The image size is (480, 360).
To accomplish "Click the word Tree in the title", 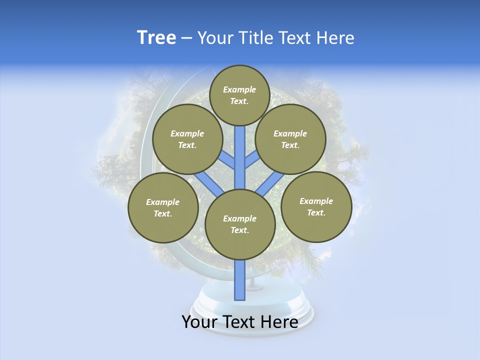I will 156,37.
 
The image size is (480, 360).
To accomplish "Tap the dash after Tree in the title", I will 187,38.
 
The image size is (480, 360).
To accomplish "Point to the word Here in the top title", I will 335,37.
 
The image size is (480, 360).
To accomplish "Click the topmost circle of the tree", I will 239,95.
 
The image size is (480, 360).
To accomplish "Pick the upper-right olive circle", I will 290,139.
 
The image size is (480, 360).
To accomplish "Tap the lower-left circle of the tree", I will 163,207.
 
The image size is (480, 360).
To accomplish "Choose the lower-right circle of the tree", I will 316,206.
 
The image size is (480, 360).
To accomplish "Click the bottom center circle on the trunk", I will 240,224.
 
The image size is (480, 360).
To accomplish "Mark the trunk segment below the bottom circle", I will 240,280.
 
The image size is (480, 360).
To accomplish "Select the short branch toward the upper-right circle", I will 252,159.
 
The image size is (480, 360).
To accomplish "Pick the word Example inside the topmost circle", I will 239,89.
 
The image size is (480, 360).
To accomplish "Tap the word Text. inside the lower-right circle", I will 316,212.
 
